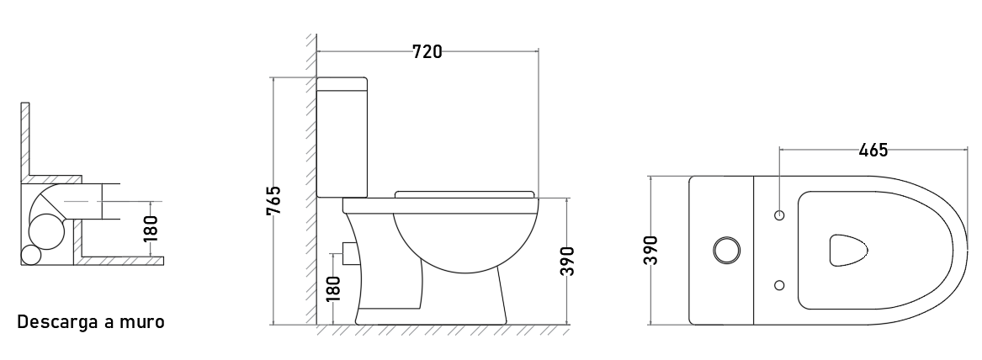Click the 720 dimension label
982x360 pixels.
[x=427, y=52]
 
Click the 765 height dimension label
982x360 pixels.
[x=273, y=200]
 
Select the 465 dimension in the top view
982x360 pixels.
[x=873, y=151]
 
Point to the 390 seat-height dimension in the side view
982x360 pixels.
[x=566, y=261]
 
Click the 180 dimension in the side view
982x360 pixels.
[x=334, y=289]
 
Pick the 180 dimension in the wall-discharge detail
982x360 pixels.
[x=151, y=229]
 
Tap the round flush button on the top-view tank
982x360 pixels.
[x=726, y=251]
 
